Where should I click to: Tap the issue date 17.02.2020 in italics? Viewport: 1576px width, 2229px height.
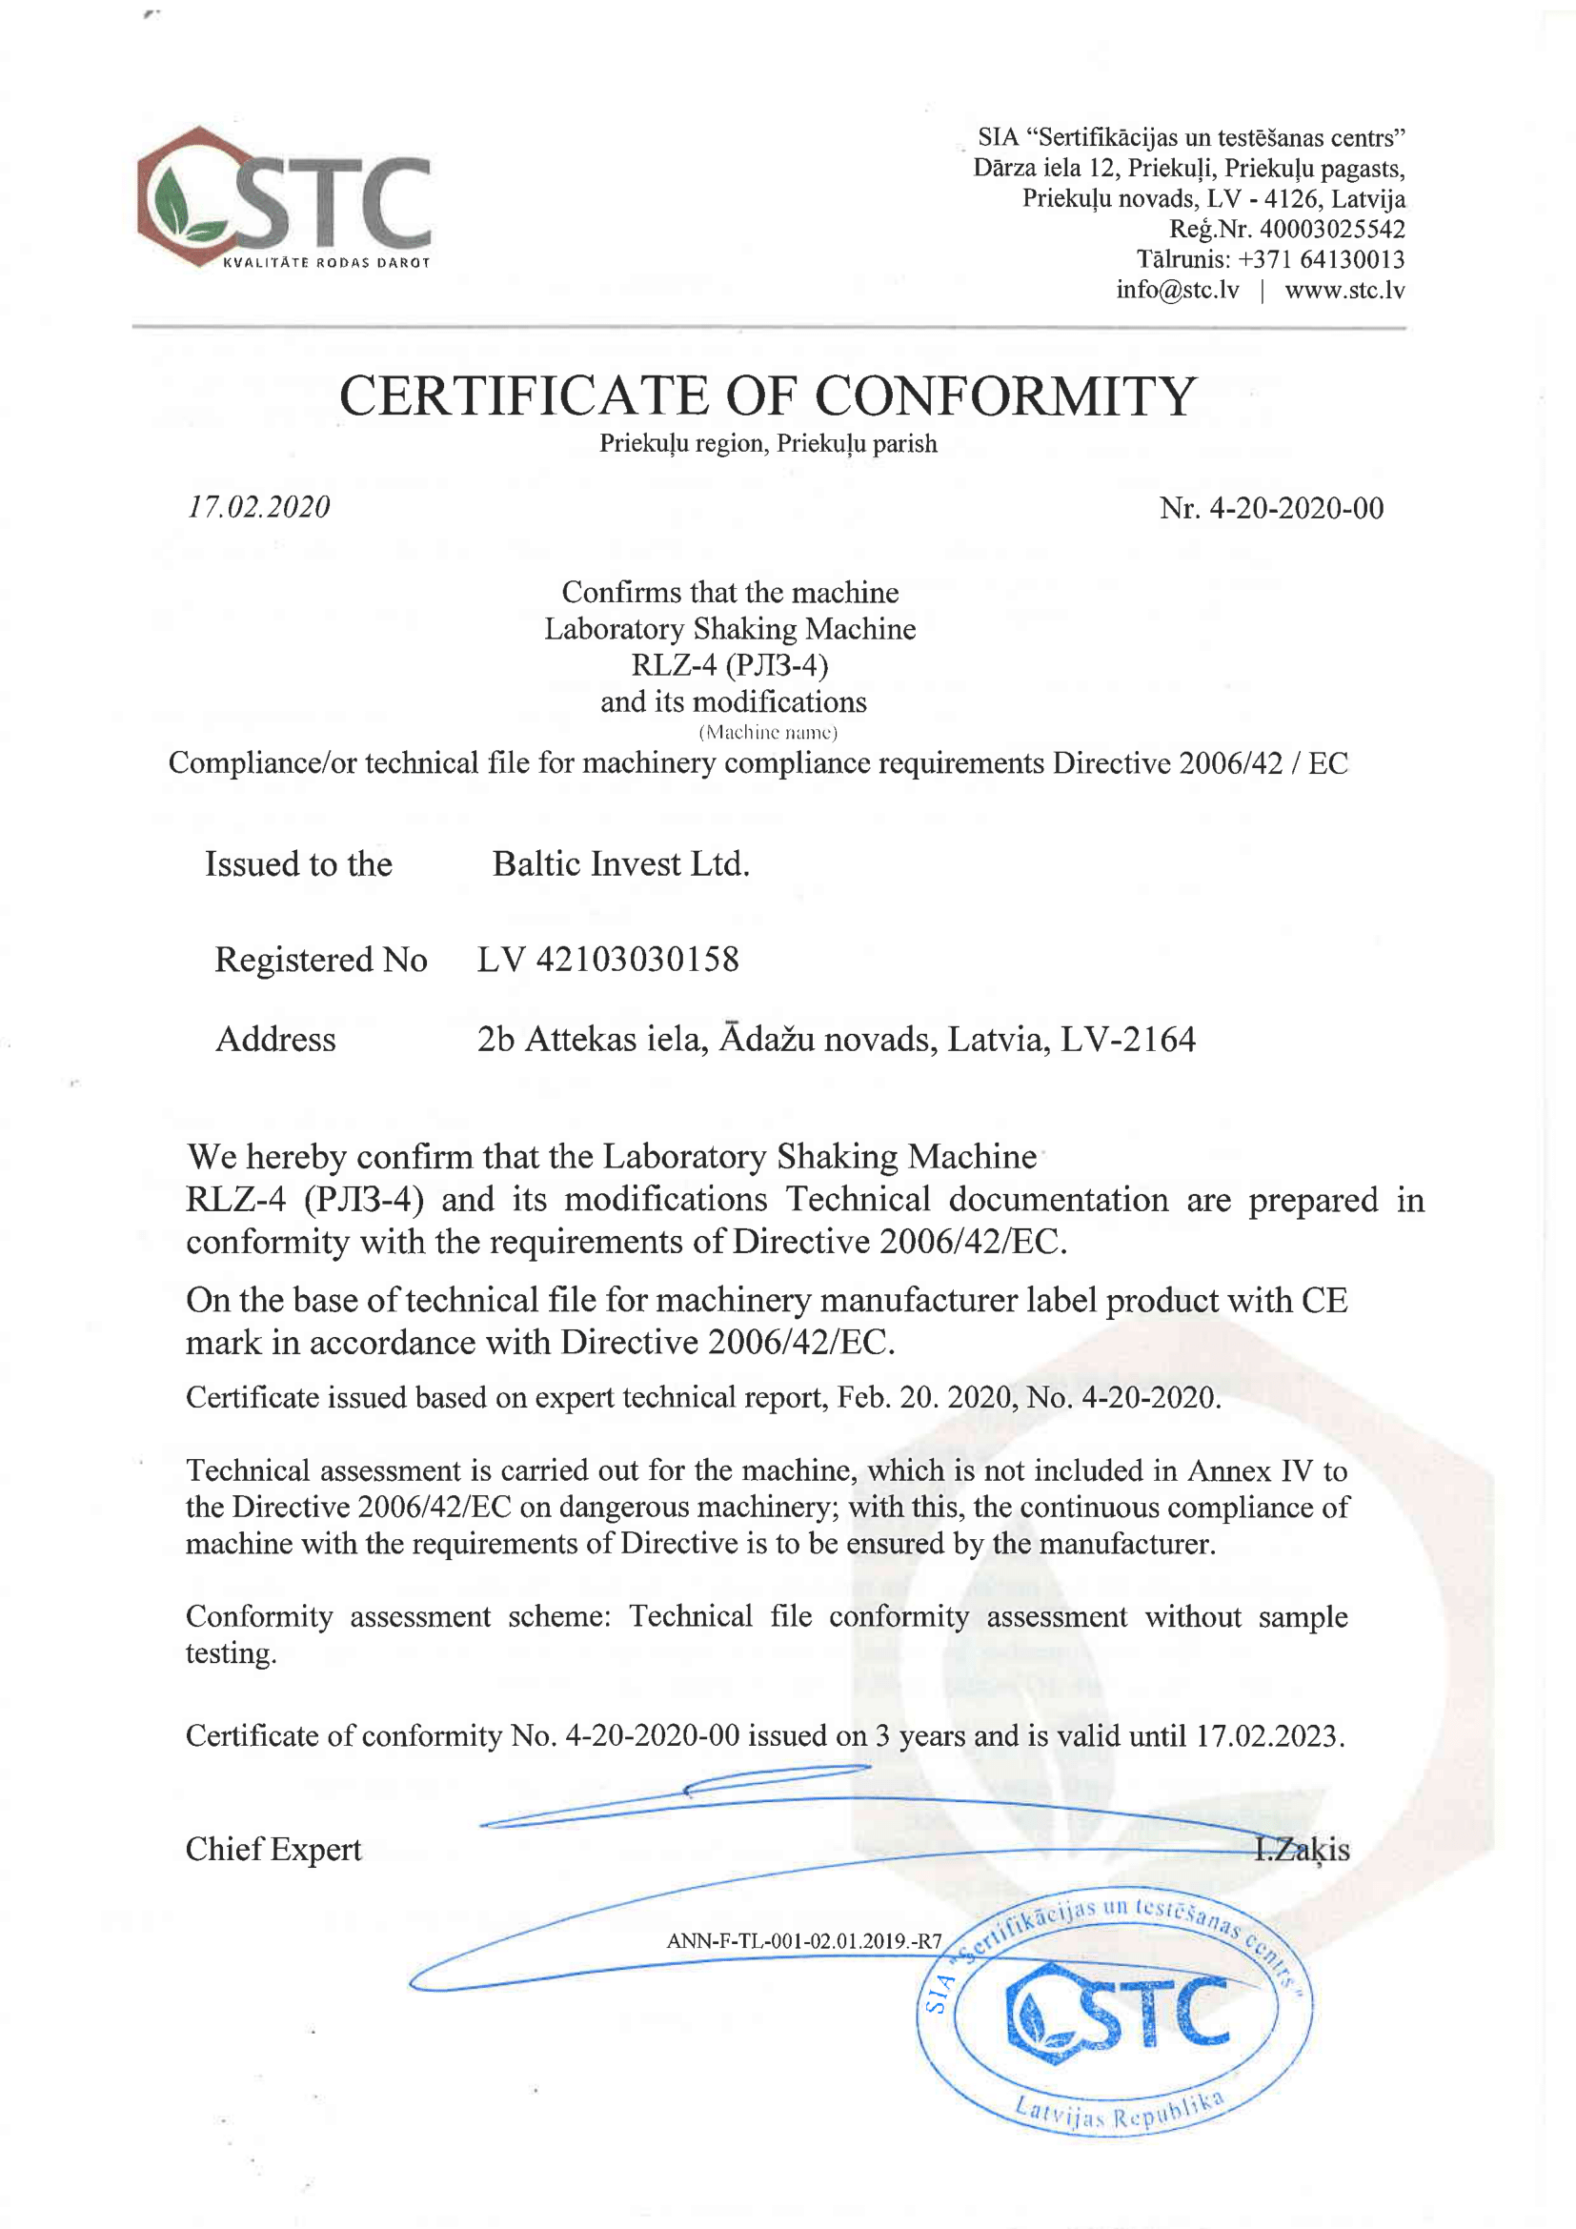click(x=259, y=507)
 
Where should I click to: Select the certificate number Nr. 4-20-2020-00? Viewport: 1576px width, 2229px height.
click(x=1271, y=508)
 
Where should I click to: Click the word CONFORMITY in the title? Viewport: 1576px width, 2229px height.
click(x=1004, y=396)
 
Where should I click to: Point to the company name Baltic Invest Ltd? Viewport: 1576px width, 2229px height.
click(x=621, y=864)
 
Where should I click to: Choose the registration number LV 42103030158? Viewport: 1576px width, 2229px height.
click(x=609, y=960)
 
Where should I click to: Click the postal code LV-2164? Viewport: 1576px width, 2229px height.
click(x=1127, y=1040)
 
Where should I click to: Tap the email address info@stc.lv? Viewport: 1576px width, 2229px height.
click(x=1177, y=291)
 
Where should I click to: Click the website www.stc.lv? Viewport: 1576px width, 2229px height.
click(x=1345, y=291)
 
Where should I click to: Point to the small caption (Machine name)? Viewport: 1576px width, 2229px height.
click(x=768, y=732)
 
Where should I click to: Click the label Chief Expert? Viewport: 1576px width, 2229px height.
click(x=273, y=1850)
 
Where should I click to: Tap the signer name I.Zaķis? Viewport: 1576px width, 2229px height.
click(x=1302, y=1850)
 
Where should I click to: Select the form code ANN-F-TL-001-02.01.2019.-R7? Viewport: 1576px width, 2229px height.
click(x=803, y=1941)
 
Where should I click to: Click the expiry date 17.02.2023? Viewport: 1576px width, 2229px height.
click(x=1268, y=1735)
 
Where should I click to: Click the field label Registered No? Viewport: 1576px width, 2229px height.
click(x=321, y=960)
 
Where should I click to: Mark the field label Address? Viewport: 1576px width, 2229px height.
click(x=275, y=1040)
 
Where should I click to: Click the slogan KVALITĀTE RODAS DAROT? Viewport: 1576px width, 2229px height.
click(x=326, y=263)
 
